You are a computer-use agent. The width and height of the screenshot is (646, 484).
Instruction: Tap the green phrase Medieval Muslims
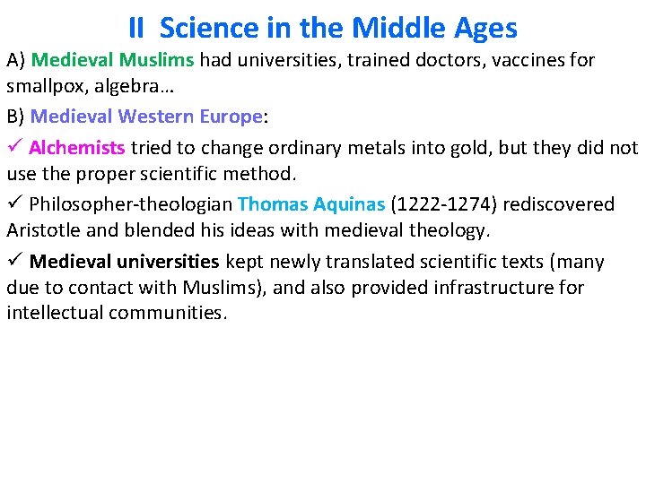pos(113,61)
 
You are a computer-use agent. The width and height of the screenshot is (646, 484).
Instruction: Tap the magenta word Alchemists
pos(77,147)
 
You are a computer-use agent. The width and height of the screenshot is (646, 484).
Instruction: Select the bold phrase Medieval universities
pos(124,262)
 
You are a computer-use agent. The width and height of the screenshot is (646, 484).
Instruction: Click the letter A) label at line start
pos(16,61)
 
